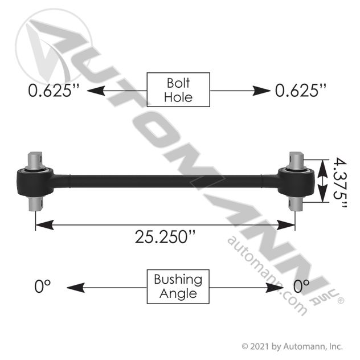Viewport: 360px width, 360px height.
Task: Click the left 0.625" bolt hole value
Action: (54, 91)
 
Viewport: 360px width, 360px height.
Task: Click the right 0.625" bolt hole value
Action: (301, 91)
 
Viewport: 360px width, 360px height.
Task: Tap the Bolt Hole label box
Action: (178, 90)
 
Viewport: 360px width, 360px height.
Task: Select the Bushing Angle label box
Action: (178, 287)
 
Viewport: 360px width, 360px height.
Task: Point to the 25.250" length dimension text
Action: (165, 237)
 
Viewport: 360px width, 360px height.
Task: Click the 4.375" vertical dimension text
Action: (340, 182)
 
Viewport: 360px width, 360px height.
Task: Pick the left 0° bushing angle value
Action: (43, 287)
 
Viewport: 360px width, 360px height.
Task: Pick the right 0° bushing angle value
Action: (301, 287)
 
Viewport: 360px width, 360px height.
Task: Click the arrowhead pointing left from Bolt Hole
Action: (96, 91)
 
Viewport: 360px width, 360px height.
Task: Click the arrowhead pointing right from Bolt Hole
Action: (261, 91)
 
